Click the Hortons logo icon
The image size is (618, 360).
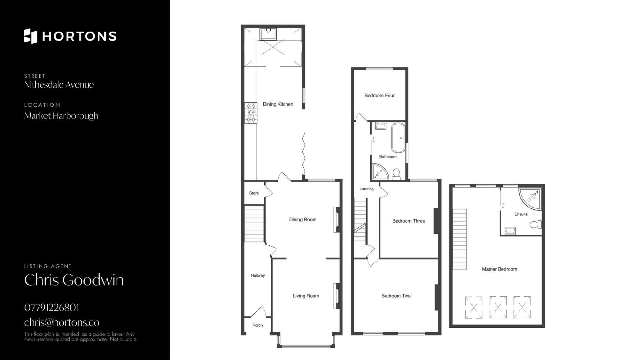[x=31, y=36]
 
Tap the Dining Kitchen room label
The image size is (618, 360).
[x=278, y=104]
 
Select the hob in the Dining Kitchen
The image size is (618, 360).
[x=251, y=113]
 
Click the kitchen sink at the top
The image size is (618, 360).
[x=268, y=34]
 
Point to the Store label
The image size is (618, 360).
[x=254, y=193]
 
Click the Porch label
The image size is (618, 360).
[x=257, y=325]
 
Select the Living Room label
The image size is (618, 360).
[x=306, y=296]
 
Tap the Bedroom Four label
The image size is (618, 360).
[x=379, y=95]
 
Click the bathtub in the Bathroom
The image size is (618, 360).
[x=398, y=138]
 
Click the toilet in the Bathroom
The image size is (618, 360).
[x=396, y=175]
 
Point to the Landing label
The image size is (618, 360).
[x=366, y=189]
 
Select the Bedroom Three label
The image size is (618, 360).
[x=408, y=221]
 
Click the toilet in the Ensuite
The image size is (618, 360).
[x=536, y=224]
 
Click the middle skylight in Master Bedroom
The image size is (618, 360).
[x=498, y=308]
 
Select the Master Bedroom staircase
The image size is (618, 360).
[x=460, y=239]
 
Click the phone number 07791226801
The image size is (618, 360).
[x=51, y=308]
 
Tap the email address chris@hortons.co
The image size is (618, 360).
[x=62, y=322]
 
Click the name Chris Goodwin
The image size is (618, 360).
[x=74, y=280]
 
